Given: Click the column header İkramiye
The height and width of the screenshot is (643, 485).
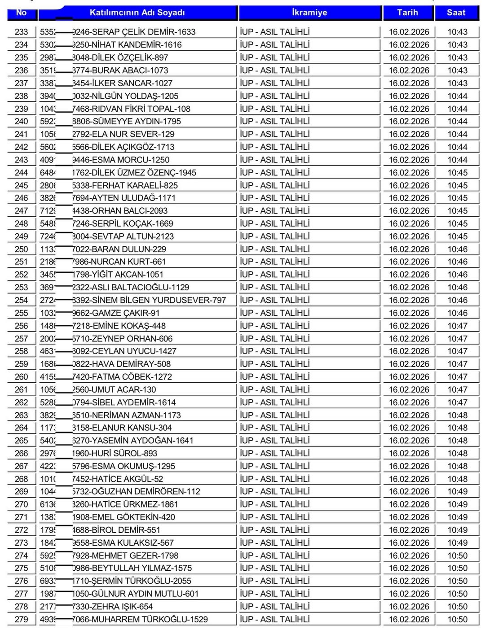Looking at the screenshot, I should [309, 13].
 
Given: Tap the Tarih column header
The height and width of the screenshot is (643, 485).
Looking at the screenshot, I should [407, 13].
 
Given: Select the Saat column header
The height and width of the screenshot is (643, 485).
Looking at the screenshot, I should [456, 13].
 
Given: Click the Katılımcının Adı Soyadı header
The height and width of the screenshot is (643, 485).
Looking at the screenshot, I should [137, 13].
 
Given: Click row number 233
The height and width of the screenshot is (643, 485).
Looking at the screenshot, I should [21, 32].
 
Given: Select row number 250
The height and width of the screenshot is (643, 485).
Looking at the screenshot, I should [21, 249].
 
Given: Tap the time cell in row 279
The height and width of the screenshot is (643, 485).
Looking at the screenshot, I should [457, 619].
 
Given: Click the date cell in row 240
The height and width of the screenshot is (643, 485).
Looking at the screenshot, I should [409, 121].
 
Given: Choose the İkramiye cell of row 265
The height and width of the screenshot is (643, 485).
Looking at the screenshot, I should [275, 441].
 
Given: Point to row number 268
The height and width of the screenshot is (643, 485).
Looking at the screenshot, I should [21, 479].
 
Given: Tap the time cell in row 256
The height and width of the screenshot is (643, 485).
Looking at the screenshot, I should [457, 326].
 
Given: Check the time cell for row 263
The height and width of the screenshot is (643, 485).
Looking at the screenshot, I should [457, 415].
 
